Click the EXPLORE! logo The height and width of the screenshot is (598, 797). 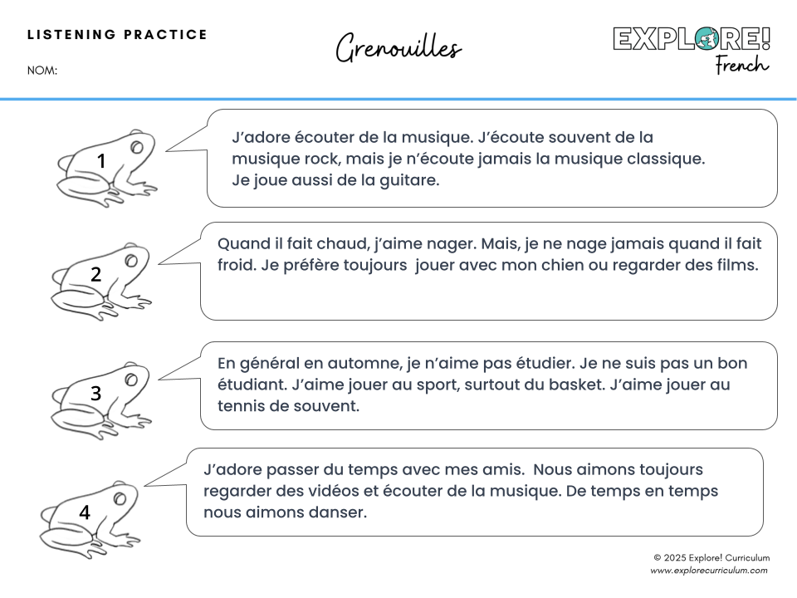coord(692,39)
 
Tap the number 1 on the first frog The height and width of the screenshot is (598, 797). coord(101,161)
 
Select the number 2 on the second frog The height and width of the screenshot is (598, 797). coord(95,275)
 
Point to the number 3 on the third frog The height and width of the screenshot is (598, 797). coord(95,394)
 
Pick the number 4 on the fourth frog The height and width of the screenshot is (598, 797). coord(85,512)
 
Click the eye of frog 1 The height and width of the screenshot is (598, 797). coord(138,147)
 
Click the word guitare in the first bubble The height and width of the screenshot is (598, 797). coord(408,180)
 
